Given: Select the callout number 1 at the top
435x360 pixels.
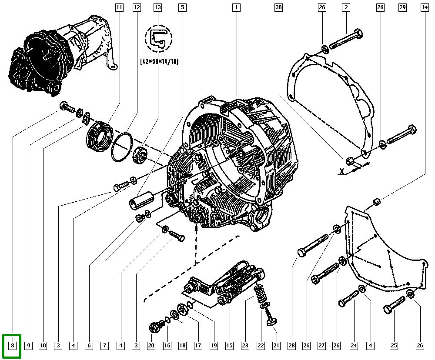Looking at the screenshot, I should point(236,7).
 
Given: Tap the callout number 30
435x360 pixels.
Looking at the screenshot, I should point(279,7).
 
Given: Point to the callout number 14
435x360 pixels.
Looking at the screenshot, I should point(424,7).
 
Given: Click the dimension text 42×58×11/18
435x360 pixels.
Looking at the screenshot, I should point(159,62).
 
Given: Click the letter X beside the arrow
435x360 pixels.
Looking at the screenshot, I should point(342,171).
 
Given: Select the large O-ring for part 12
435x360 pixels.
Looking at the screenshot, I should point(121,147).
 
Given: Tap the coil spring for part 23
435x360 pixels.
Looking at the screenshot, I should point(261,293).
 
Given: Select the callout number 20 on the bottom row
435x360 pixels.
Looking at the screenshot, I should point(151,346).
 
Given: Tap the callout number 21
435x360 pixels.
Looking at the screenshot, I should point(275,346).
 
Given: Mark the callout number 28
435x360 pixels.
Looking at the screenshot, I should point(291,346).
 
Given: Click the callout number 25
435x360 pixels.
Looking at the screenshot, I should point(394,346).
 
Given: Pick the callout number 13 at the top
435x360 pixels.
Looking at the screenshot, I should point(157,7).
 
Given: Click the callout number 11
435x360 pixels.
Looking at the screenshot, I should point(119,7).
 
